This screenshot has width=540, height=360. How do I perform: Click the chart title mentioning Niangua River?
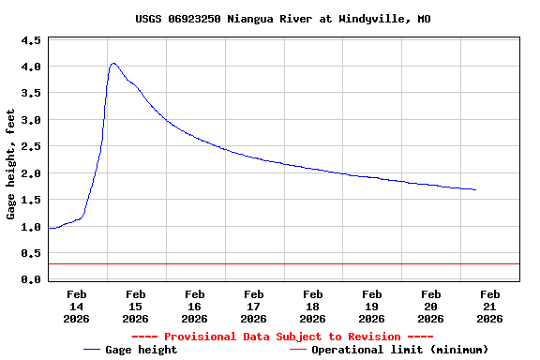[270, 19]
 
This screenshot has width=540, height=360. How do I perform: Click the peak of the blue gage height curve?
[112, 64]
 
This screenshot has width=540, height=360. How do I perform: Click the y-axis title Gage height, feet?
[11, 164]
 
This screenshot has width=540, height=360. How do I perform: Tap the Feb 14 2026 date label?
[77, 306]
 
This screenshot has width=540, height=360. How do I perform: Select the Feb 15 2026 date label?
[136, 306]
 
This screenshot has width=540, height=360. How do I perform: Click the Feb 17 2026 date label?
[254, 306]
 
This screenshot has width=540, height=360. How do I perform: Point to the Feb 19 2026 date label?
[372, 306]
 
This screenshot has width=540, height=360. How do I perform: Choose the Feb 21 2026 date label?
[489, 306]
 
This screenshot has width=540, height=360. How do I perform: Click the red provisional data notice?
[282, 337]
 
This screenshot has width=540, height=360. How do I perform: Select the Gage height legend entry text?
[141, 350]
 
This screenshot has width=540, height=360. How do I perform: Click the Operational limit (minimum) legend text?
[399, 350]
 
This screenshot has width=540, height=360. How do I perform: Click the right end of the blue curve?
[476, 190]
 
